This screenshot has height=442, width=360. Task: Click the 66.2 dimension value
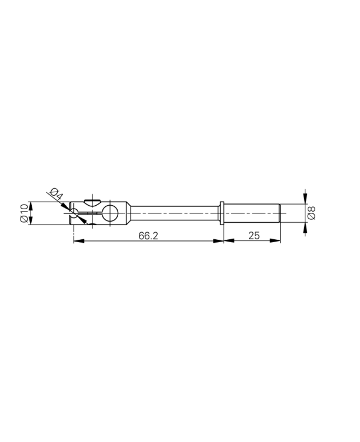pyautogui.click(x=148, y=235)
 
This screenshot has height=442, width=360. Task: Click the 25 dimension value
pyautogui.click(x=254, y=235)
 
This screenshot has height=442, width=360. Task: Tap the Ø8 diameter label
pyautogui.click(x=312, y=213)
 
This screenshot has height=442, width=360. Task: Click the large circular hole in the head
pyautogui.click(x=109, y=213)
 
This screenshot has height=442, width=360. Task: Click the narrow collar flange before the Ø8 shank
pyautogui.click(x=222, y=213)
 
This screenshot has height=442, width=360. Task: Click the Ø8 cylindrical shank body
pyautogui.click(x=252, y=213)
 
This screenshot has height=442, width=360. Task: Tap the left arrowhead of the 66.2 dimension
pyautogui.click(x=77, y=240)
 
